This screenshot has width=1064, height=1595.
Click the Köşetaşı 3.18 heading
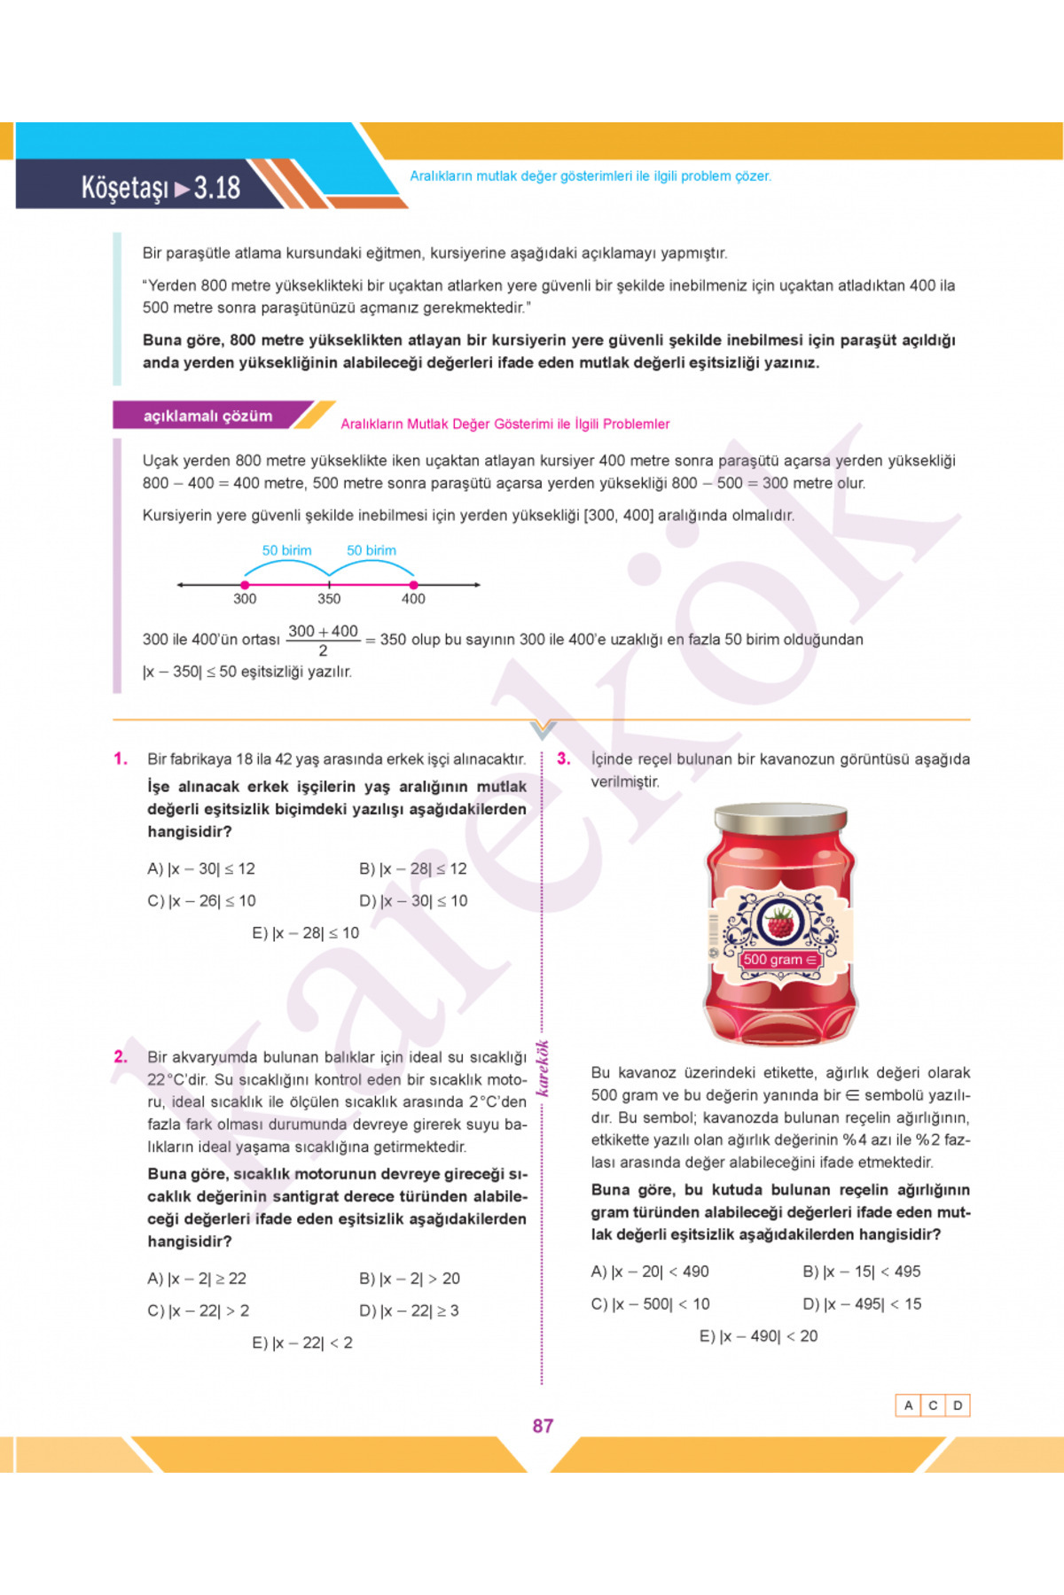pos(161,187)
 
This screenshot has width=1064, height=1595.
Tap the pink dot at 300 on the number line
pos(245,585)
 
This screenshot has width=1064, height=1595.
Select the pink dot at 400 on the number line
pos(413,585)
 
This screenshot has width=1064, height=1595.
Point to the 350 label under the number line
pos(329,599)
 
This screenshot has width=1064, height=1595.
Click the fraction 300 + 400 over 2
pos(323,640)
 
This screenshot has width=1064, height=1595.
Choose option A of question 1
pos(201,868)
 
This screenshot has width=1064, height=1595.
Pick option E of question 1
pos(306,932)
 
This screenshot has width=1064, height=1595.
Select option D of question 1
pos(413,900)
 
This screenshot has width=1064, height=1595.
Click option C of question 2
pos(199,1311)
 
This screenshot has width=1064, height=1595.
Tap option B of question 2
pos(410,1279)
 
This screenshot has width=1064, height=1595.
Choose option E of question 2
pos(302,1342)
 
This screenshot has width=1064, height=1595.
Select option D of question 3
pos(862,1303)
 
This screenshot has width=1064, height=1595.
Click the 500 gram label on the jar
pos(779,960)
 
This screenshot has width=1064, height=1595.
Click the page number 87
pos(543,1426)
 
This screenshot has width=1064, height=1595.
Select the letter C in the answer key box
pos(933,1405)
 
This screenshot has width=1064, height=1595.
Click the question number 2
pos(121,1056)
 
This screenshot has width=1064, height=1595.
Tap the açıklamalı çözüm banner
pos(208,416)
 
